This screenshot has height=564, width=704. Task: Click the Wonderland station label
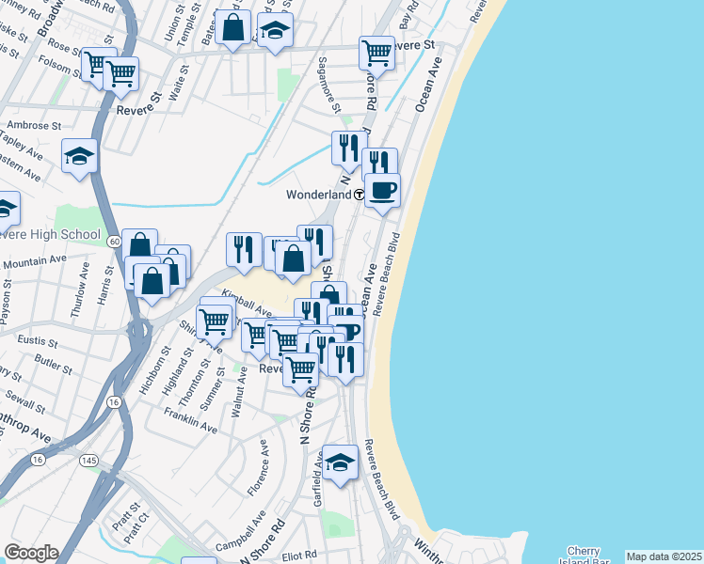[318, 195]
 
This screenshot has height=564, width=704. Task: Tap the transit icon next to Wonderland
[360, 195]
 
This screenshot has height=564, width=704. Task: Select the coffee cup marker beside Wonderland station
[382, 191]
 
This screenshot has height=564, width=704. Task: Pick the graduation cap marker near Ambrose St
[80, 156]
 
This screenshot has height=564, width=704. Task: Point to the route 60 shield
[112, 242]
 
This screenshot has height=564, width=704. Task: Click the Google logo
[30, 553]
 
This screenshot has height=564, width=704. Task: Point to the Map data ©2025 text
[664, 556]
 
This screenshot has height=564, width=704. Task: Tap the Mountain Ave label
[36, 262]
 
